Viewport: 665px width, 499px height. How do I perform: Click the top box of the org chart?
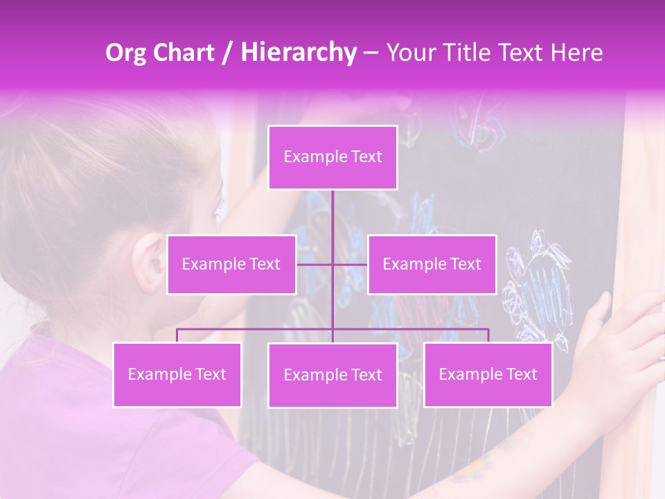tap(332, 157)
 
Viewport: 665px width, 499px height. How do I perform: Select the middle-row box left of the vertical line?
tap(231, 265)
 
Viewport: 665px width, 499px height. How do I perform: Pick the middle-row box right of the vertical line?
tap(432, 265)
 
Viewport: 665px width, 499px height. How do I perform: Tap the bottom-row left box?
tap(177, 375)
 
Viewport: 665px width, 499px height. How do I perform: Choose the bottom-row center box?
tap(332, 376)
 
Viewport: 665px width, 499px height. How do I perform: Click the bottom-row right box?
tap(488, 375)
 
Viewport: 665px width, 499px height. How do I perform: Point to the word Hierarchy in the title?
tap(298, 53)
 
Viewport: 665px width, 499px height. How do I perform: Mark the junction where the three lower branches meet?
tap(332, 329)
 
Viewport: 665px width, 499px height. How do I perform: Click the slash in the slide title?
tap(227, 53)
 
